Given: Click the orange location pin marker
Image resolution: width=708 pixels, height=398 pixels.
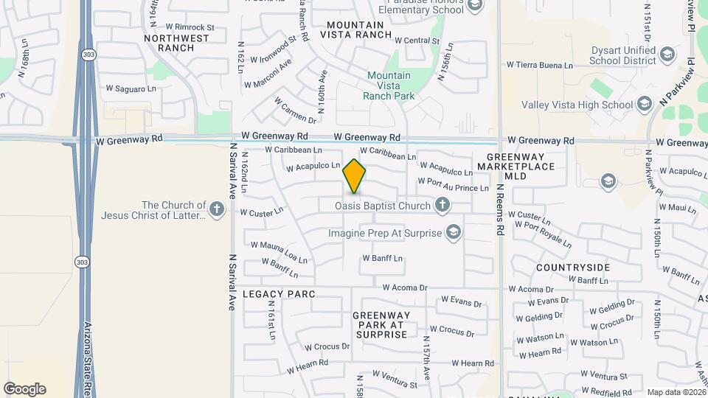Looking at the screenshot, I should [354, 176].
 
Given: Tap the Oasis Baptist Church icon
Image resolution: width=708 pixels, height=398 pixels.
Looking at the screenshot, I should [442, 206].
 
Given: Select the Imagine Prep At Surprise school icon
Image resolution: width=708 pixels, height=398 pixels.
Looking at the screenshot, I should [453, 234].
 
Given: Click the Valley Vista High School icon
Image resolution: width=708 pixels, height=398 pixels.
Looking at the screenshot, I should [645, 105].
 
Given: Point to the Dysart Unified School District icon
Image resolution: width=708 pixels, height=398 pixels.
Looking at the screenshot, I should [667, 54].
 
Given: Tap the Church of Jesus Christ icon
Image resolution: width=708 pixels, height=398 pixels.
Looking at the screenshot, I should [217, 210].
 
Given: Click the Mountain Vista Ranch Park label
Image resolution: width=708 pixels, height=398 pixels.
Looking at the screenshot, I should [389, 85].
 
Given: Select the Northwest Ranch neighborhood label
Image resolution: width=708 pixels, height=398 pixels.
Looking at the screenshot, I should [176, 43].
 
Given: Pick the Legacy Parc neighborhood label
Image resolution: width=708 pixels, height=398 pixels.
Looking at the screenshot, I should [279, 294].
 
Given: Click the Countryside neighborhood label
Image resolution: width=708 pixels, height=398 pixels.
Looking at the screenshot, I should [573, 267].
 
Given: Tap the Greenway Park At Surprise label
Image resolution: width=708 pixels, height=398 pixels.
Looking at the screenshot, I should [380, 325].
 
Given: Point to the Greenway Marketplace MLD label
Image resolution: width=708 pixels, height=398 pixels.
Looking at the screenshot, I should [516, 167].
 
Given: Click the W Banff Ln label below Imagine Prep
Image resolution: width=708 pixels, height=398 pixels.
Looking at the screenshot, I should [382, 259].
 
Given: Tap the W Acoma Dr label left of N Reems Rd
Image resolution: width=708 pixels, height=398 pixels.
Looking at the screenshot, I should [404, 287].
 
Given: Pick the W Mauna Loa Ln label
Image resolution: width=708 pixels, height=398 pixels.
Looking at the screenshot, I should [279, 251].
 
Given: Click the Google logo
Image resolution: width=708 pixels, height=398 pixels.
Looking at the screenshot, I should [24, 389].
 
